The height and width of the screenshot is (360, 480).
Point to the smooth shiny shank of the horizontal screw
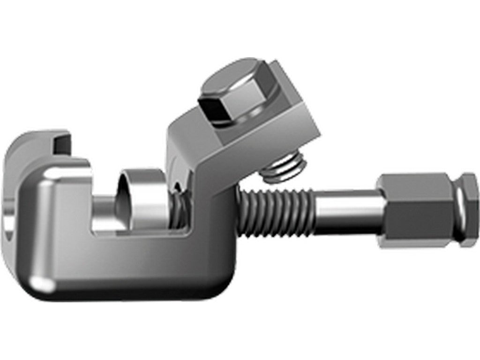347,211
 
